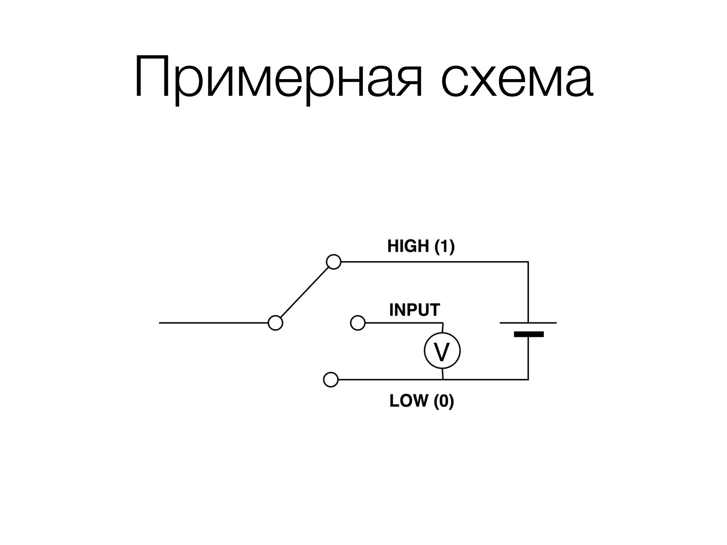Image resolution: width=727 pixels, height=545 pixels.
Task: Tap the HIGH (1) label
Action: (x=421, y=246)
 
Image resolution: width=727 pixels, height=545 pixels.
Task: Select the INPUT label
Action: (x=414, y=310)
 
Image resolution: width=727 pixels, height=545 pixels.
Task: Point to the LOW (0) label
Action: (x=421, y=401)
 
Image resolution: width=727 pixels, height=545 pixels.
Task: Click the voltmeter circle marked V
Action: (x=442, y=351)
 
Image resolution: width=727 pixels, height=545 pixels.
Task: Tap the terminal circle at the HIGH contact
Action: (x=333, y=262)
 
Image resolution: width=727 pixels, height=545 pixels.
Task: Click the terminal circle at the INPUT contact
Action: (x=357, y=323)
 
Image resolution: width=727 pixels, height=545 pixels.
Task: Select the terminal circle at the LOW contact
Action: (x=330, y=380)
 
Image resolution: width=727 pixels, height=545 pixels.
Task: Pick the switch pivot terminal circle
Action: (x=275, y=323)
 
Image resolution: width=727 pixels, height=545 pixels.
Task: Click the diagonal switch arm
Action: (x=305, y=292)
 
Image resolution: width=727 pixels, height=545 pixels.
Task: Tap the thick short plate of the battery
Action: (x=528, y=334)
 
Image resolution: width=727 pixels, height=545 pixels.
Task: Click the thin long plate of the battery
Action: (x=528, y=323)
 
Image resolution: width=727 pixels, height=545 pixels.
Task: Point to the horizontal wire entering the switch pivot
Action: (x=213, y=323)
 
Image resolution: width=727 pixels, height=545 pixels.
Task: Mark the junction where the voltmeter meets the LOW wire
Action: (x=442, y=380)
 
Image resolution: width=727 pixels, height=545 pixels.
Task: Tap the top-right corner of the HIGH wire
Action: (x=528, y=262)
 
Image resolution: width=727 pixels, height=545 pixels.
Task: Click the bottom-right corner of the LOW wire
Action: (x=528, y=380)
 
